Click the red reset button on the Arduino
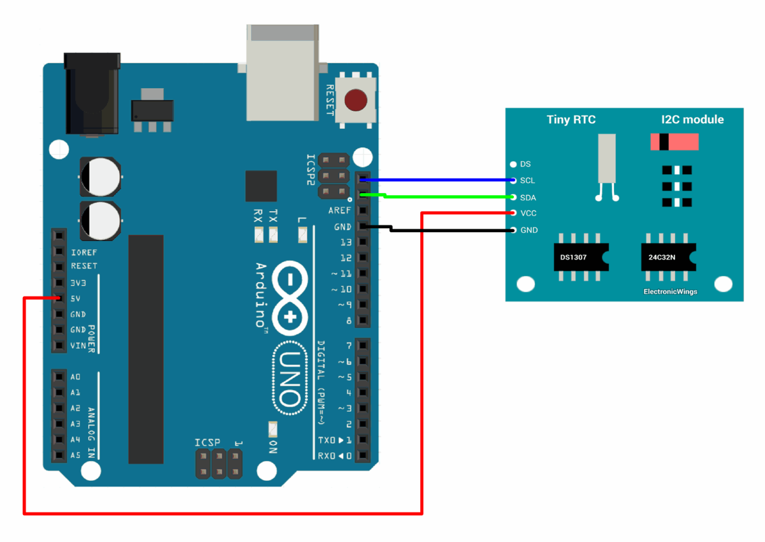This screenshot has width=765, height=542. (x=356, y=100)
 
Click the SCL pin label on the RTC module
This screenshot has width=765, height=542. (x=528, y=181)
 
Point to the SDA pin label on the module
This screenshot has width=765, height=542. (x=528, y=198)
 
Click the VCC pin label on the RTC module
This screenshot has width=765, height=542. (x=528, y=213)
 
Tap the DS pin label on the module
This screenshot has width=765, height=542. (x=525, y=165)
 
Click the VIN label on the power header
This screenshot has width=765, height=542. (x=78, y=346)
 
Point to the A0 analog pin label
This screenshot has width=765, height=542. (x=75, y=377)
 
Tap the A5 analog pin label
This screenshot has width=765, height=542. (x=75, y=455)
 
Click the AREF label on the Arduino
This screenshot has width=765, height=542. (x=339, y=210)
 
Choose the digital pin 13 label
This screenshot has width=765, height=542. (x=346, y=242)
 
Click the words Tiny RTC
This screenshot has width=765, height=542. (x=571, y=119)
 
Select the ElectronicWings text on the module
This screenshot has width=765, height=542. (x=670, y=292)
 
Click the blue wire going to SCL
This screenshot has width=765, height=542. (x=440, y=180)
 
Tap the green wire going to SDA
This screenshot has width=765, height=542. (x=446, y=197)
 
